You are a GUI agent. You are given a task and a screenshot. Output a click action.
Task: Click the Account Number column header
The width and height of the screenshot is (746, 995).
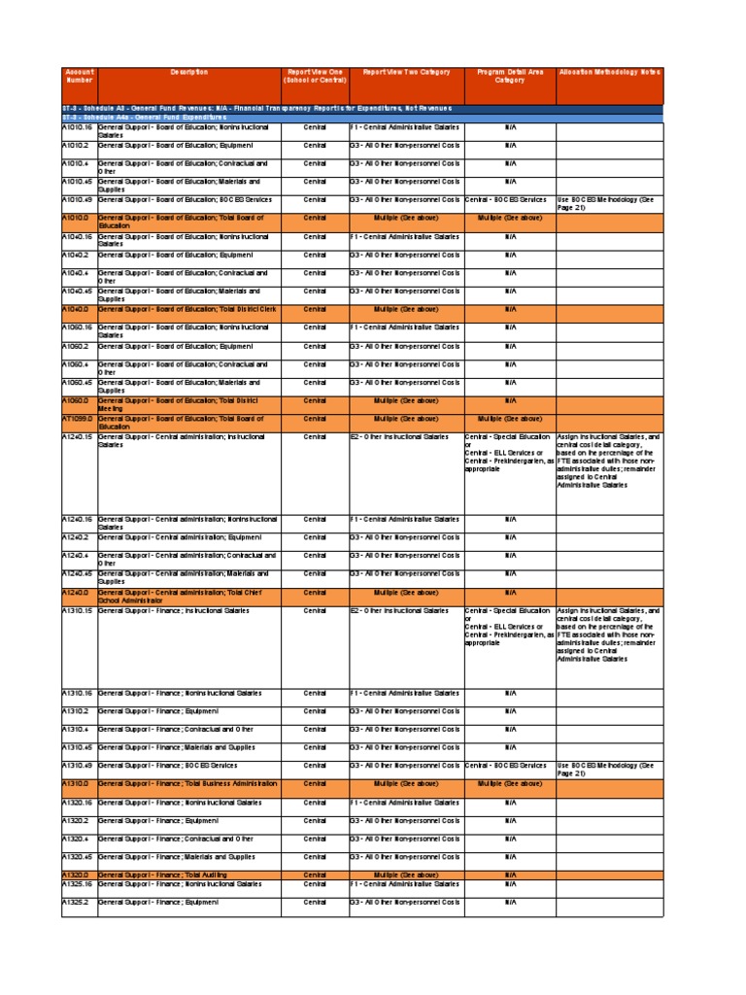(79, 76)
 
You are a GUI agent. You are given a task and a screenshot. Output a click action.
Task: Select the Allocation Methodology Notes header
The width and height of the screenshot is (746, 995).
(609, 72)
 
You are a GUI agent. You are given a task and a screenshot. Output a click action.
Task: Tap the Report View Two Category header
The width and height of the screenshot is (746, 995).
(406, 72)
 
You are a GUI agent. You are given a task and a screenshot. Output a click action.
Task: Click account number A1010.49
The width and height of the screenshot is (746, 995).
(77, 199)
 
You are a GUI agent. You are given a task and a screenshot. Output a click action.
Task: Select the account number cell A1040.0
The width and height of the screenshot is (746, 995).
(76, 309)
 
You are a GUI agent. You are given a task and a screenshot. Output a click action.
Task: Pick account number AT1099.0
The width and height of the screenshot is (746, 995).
(77, 419)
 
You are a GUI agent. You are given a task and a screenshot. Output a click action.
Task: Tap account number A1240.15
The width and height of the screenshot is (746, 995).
(77, 437)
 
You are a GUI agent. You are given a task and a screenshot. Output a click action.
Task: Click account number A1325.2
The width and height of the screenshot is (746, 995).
(76, 903)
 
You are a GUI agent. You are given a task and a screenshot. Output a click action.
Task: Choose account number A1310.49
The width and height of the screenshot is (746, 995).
(77, 766)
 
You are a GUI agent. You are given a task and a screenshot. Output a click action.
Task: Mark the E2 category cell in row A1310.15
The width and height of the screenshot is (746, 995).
(405, 611)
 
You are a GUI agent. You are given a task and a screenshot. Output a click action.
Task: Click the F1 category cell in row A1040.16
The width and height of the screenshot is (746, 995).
(405, 236)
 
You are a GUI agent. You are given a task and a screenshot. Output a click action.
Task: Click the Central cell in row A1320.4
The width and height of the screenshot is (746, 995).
(315, 839)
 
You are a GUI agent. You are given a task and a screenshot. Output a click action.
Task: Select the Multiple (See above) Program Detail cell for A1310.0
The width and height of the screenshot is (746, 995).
(509, 783)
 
